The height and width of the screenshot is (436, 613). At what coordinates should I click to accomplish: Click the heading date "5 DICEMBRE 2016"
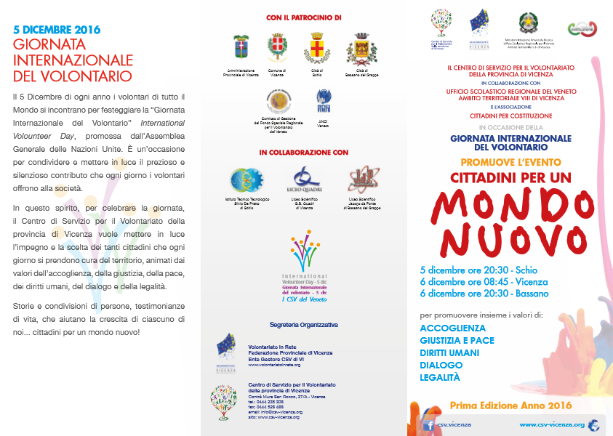pos(57,30)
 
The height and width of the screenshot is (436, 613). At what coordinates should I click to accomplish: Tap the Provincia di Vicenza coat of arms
pos(241,49)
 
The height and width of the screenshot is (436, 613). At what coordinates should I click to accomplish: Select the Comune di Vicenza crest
pos(276,49)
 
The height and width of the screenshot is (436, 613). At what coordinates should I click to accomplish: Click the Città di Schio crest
pos(318,48)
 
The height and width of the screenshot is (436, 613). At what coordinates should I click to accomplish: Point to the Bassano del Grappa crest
pos(361,49)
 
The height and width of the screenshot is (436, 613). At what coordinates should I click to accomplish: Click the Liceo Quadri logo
pos(304,178)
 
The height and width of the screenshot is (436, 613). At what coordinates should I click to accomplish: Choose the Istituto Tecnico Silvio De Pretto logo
pos(241,179)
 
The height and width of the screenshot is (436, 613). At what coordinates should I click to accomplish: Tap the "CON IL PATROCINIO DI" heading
pos(304,17)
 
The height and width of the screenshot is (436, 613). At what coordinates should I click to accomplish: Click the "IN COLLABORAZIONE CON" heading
pos(304,153)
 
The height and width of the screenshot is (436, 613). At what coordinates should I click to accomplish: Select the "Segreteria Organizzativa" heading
pos(303,324)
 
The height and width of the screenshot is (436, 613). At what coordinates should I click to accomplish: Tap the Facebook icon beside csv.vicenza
pos(429,425)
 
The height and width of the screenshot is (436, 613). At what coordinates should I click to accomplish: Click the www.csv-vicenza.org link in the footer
pos(552,424)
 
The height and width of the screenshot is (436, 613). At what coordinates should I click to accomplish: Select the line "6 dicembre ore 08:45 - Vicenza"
pos(484,281)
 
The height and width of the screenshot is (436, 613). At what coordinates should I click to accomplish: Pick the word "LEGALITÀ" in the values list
pos(440,377)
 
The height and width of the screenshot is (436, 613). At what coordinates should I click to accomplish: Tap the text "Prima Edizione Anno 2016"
pos(501,405)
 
